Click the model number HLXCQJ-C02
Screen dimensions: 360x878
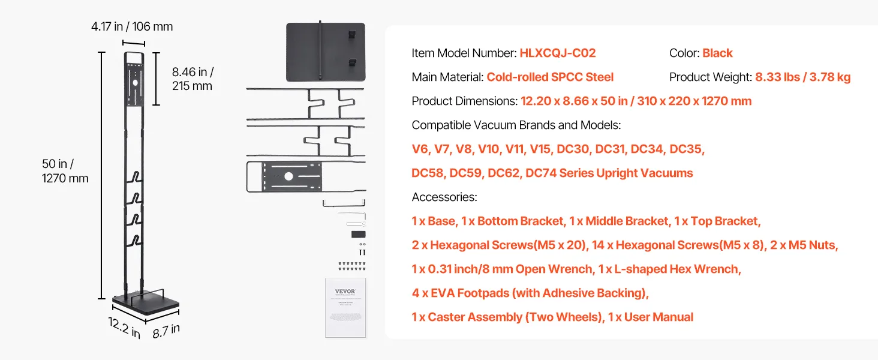(558, 53)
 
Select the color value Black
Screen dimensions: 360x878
(717, 53)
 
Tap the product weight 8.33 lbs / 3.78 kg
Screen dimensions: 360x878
(802, 77)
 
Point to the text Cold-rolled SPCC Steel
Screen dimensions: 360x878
(550, 77)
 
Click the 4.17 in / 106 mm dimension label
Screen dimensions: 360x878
(132, 26)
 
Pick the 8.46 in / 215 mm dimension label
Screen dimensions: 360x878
(193, 79)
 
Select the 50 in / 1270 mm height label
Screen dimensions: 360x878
(65, 170)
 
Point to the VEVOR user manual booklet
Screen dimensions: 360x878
(345, 307)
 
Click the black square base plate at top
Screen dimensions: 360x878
(325, 52)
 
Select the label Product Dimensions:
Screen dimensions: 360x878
(464, 101)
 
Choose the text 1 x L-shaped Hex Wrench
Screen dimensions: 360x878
(670, 269)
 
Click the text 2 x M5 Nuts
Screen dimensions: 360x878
(801, 245)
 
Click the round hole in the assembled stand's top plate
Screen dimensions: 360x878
(136, 83)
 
